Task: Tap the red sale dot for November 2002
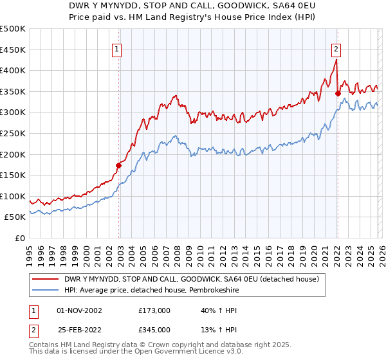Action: point(118,165)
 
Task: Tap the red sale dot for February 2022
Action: point(338,93)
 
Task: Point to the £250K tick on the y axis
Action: point(14,133)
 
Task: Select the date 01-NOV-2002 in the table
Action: point(79,310)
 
